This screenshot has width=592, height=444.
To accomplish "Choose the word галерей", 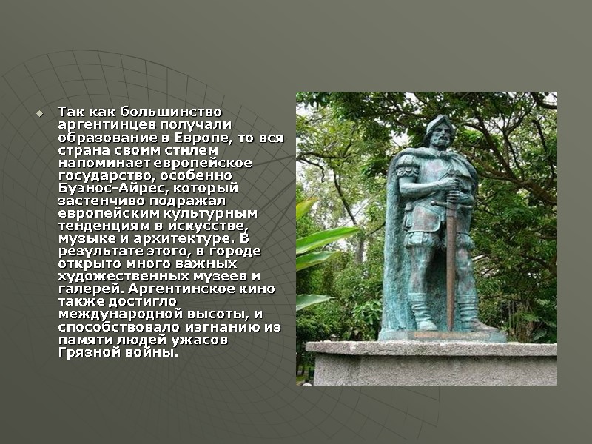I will [85, 289].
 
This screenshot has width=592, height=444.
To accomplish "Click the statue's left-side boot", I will [424, 314].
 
